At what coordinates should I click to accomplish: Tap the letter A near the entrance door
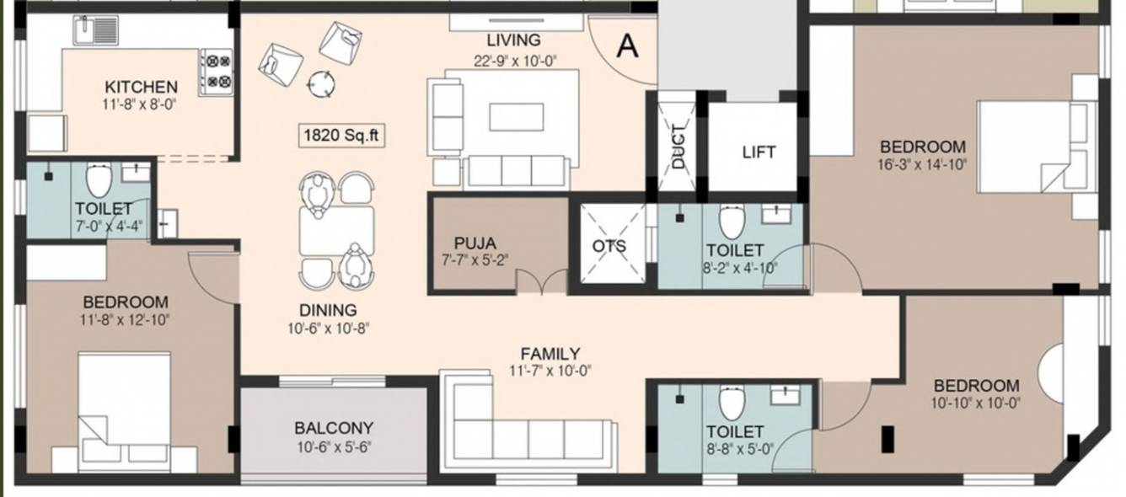point(626,46)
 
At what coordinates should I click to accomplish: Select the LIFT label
point(759,152)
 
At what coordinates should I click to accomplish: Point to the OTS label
point(609,246)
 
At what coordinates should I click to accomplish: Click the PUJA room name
point(475,243)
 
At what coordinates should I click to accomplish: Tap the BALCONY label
point(334,428)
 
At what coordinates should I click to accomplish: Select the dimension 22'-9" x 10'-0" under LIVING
point(515,60)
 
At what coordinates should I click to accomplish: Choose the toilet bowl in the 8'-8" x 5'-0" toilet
point(731,403)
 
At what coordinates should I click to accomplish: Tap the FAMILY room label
point(550,354)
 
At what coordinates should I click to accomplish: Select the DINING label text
point(328,310)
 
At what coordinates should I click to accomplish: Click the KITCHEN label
point(141,87)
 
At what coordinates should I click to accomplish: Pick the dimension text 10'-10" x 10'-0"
point(976,403)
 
